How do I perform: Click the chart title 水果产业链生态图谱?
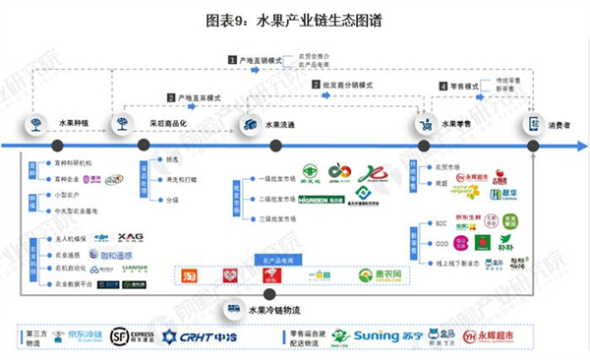(295, 19)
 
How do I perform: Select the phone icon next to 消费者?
(534, 125)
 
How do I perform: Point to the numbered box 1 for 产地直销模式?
(232, 60)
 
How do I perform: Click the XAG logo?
(130, 237)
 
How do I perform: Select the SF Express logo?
(133, 336)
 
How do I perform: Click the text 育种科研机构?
(73, 163)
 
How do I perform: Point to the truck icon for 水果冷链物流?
(235, 308)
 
